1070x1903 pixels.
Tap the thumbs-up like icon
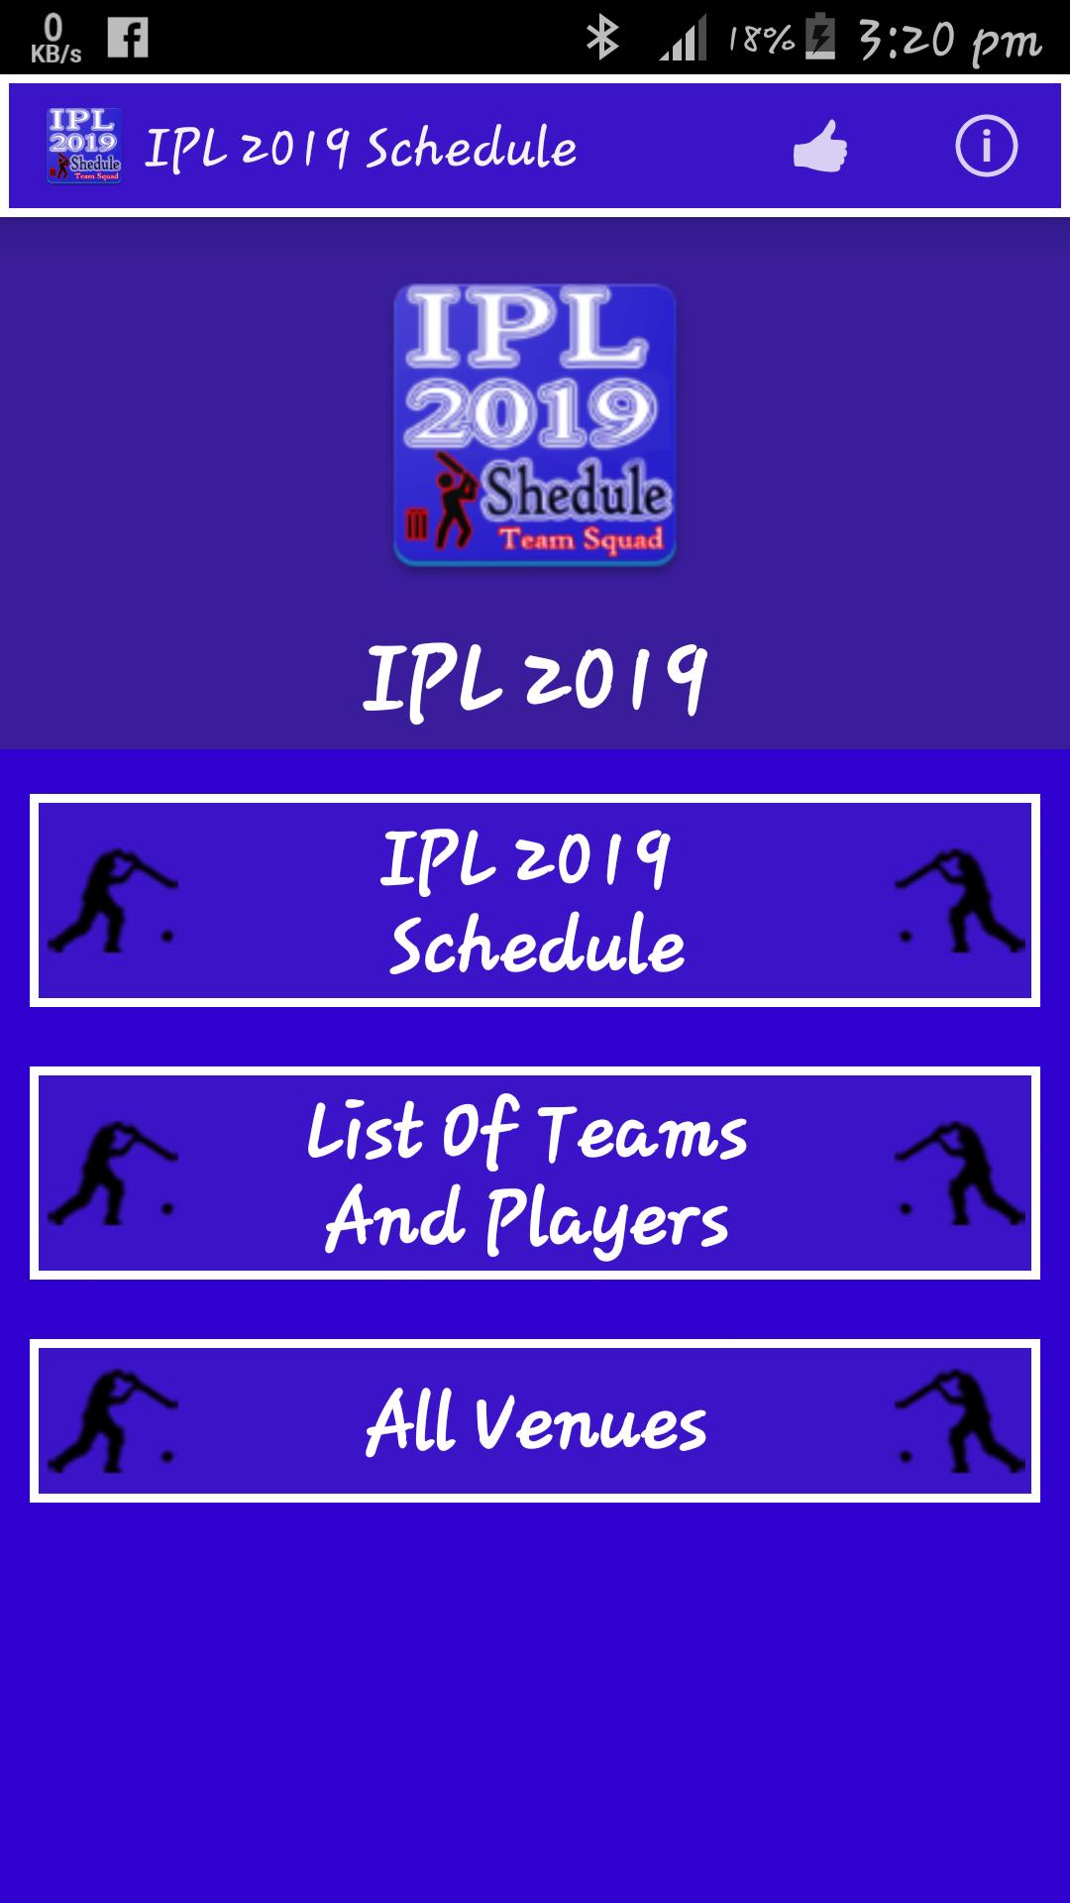820,146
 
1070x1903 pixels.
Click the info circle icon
986,147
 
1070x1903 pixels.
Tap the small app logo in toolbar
84,146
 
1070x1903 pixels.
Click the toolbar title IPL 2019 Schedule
361,149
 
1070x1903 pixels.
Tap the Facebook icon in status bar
128,38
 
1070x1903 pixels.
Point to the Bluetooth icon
601,39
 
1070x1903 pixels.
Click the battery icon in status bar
820,38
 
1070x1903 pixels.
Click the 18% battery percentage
761,40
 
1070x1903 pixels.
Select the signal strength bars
683,39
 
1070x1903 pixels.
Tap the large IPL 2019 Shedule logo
535,425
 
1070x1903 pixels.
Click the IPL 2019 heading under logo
535,679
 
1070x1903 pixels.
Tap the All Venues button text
536,1422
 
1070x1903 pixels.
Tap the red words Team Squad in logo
581,540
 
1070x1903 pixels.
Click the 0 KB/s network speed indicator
55,39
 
